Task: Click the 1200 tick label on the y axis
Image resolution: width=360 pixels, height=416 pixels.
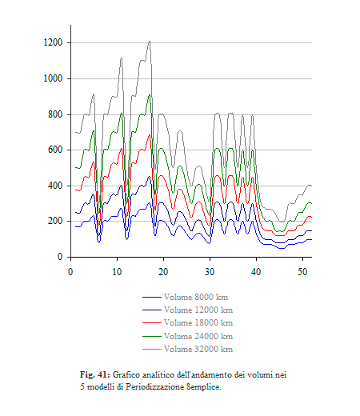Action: click(x=53, y=42)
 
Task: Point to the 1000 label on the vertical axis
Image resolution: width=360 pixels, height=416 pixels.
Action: click(x=53, y=78)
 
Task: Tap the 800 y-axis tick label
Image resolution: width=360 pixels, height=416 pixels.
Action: click(x=55, y=114)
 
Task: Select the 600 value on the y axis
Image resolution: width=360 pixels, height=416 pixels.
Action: click(x=55, y=150)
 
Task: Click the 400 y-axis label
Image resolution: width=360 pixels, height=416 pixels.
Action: click(x=55, y=186)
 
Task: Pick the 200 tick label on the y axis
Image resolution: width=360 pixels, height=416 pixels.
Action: click(x=55, y=221)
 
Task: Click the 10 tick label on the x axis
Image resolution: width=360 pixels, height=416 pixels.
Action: click(x=117, y=272)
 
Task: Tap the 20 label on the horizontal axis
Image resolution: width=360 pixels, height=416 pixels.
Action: click(x=163, y=272)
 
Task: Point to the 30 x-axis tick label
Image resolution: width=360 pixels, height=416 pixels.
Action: click(x=210, y=272)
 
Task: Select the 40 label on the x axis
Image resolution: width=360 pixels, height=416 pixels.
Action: click(x=256, y=272)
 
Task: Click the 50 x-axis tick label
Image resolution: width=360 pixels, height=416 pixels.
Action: click(x=302, y=272)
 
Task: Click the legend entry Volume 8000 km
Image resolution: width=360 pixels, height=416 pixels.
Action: click(x=196, y=297)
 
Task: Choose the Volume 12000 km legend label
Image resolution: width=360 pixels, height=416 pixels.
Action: click(x=198, y=310)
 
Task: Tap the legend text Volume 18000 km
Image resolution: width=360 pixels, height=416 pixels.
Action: click(x=198, y=323)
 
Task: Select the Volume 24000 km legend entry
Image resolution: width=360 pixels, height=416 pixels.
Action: click(x=198, y=336)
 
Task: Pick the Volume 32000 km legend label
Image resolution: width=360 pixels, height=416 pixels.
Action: click(x=198, y=349)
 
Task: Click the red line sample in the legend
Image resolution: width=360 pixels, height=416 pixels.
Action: click(x=152, y=323)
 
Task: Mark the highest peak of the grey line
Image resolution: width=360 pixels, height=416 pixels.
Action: click(x=150, y=41)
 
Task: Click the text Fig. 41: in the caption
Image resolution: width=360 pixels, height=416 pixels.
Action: click(x=95, y=374)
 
